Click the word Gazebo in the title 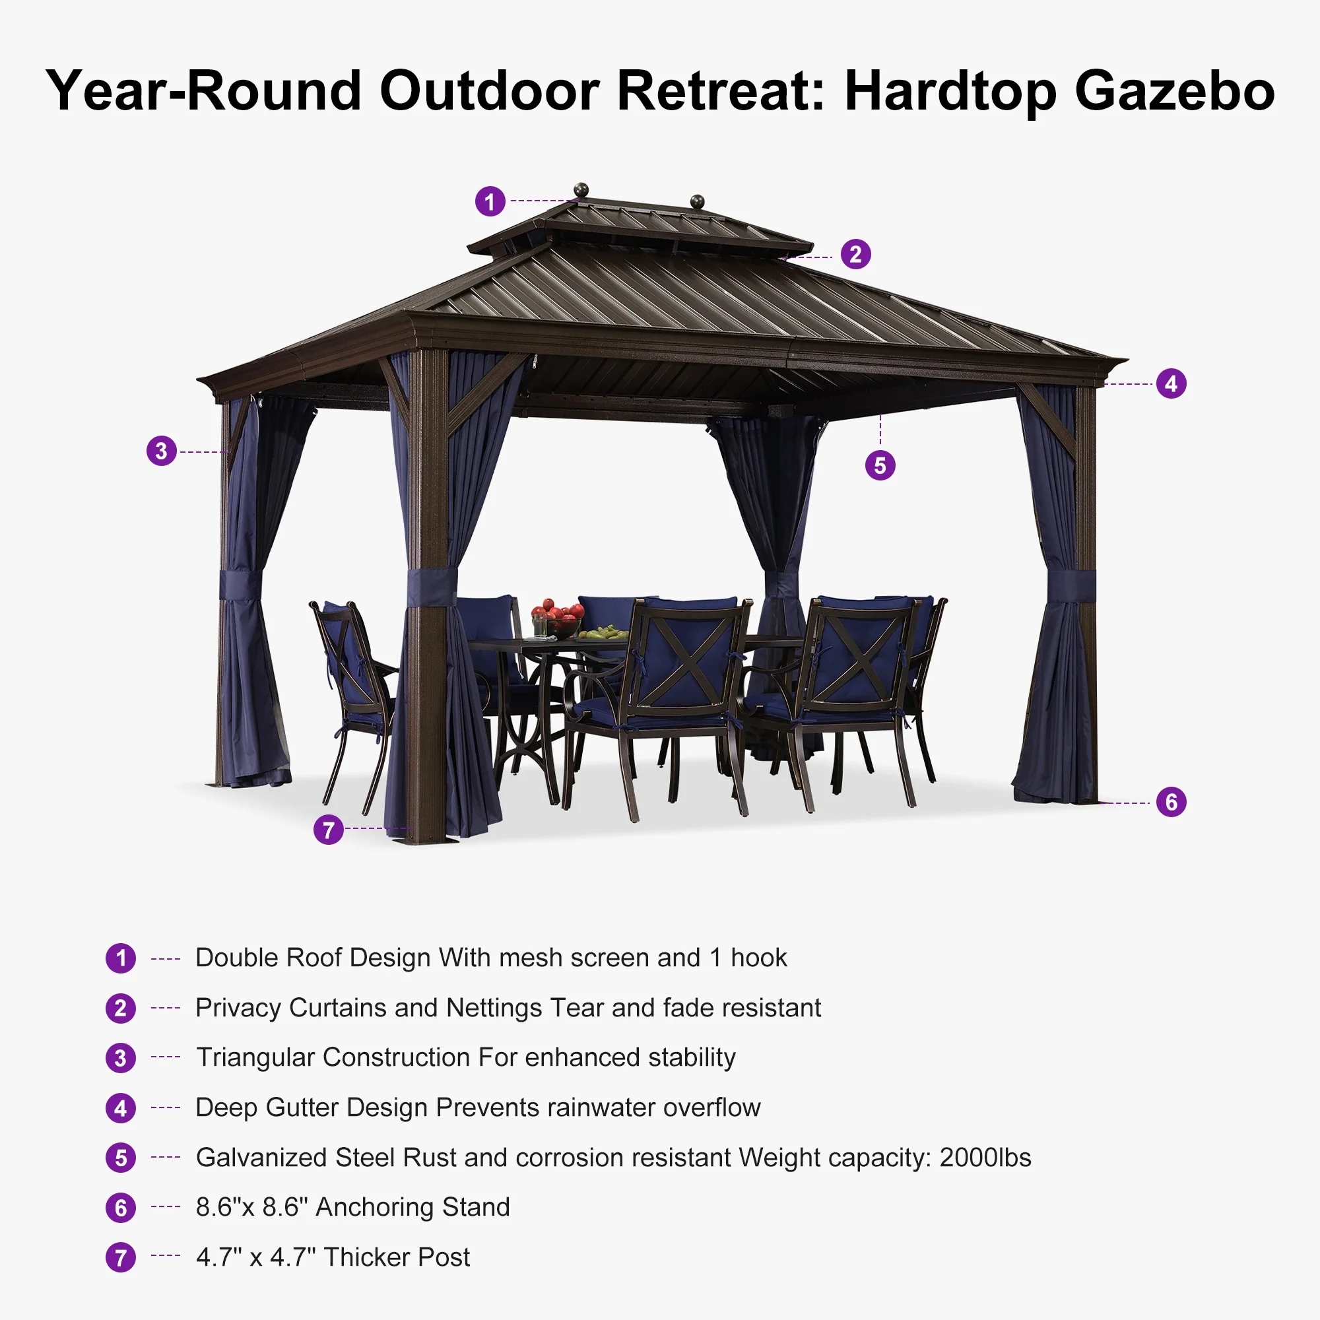1175,91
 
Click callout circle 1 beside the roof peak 490,201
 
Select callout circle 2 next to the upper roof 855,255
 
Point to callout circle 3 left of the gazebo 162,451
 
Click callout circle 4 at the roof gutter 1171,383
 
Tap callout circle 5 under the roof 880,465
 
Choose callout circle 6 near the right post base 1171,801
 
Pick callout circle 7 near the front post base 329,830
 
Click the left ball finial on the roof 581,189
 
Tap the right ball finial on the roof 698,201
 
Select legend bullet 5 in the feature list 121,1158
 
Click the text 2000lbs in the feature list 985,1158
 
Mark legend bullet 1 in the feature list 121,958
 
